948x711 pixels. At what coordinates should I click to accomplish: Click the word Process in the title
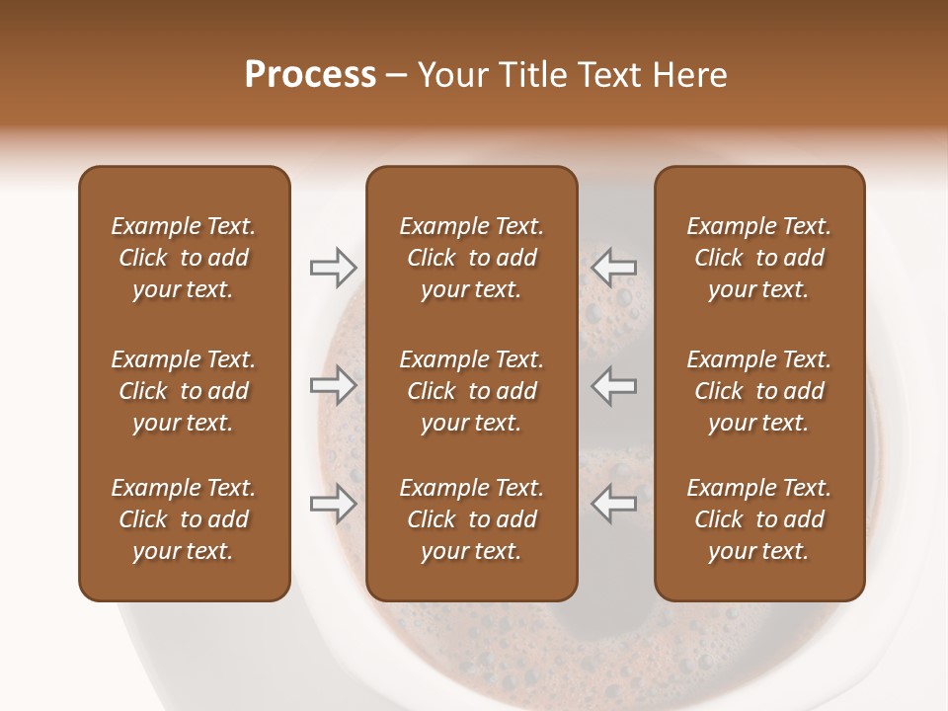tap(310, 75)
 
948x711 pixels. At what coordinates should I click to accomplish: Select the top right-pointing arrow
tap(333, 267)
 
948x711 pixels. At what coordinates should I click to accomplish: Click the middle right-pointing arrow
tap(333, 385)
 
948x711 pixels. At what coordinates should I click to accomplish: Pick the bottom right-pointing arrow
tap(333, 504)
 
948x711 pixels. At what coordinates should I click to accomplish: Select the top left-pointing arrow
tap(614, 267)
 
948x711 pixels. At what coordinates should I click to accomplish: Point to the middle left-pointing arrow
tap(614, 385)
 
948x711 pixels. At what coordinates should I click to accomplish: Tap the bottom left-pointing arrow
tap(614, 504)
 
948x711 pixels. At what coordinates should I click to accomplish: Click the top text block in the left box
tap(184, 258)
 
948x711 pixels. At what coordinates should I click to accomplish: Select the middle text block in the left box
tap(184, 391)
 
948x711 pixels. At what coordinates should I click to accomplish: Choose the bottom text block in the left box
tap(184, 519)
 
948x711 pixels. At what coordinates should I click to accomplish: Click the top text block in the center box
tap(471, 258)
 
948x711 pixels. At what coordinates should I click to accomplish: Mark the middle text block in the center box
tap(471, 391)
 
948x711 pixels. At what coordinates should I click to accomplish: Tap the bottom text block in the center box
tap(471, 519)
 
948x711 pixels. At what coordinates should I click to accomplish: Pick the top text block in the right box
tap(759, 258)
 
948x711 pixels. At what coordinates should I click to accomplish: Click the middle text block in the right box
tap(759, 391)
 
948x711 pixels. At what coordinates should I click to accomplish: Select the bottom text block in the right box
tap(759, 519)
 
